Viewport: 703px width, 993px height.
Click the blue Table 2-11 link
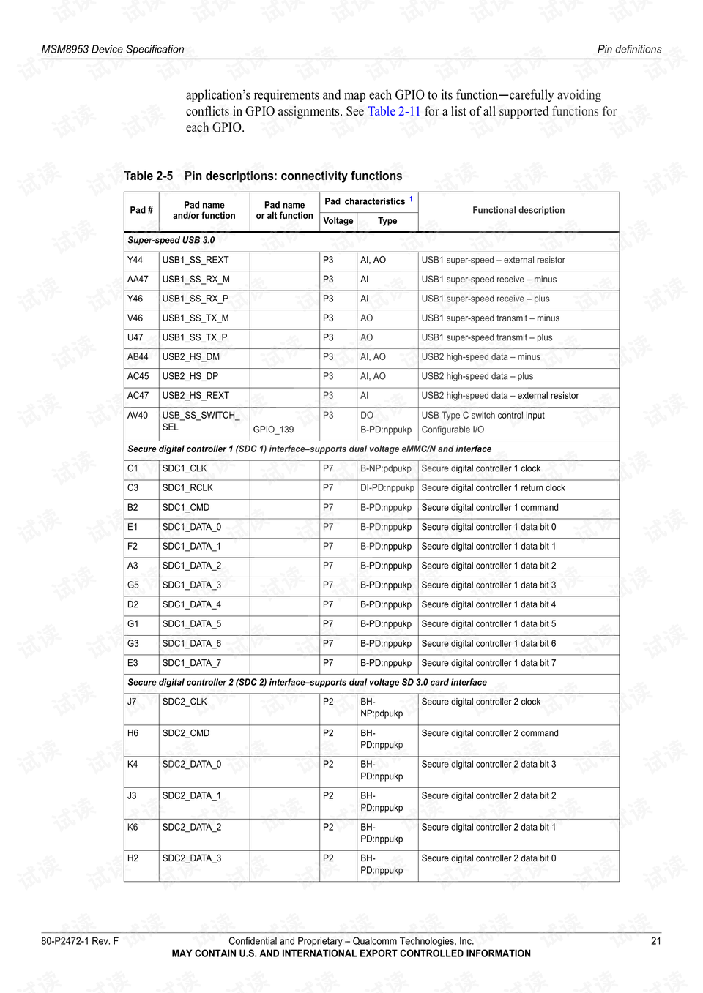click(x=393, y=111)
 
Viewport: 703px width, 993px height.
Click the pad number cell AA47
click(x=138, y=280)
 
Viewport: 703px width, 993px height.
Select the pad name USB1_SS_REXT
click(x=196, y=260)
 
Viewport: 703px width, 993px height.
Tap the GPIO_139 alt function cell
click(x=273, y=430)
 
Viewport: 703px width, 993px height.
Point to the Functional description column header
click(x=518, y=210)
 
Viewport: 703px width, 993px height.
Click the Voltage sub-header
click(x=338, y=221)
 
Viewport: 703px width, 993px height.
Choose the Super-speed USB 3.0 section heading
click(x=171, y=240)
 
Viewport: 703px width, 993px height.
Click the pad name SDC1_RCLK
click(x=187, y=488)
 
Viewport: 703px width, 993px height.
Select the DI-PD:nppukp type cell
click(x=387, y=488)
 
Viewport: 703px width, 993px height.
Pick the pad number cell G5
click(x=133, y=585)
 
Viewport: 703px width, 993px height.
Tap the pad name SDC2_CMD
click(x=186, y=733)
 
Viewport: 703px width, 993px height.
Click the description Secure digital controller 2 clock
click(x=480, y=702)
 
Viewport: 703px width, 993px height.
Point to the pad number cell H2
click(x=133, y=858)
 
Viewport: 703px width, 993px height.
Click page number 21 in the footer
click(x=656, y=941)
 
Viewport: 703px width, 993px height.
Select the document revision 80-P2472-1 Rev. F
click(x=80, y=941)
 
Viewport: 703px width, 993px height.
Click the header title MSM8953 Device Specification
click(x=113, y=50)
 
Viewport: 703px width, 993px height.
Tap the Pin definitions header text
click(x=629, y=50)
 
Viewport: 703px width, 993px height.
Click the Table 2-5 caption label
click(x=149, y=176)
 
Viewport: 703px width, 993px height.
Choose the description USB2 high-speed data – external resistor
click(x=499, y=396)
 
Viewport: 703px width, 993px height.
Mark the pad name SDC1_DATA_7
click(x=192, y=663)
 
